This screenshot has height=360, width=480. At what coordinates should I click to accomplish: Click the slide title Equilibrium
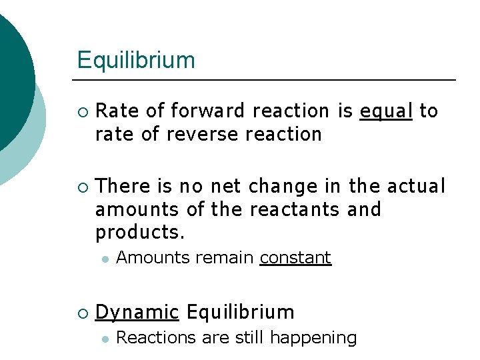click(136, 60)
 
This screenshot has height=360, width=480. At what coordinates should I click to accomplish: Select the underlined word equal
click(386, 111)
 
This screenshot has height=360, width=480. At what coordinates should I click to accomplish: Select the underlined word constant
click(295, 257)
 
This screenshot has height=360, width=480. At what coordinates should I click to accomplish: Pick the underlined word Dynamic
click(137, 312)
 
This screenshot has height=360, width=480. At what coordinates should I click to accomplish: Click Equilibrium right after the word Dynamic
click(240, 311)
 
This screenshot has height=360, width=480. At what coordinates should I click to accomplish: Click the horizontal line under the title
click(267, 80)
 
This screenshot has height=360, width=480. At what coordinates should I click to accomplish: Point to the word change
click(277, 187)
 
